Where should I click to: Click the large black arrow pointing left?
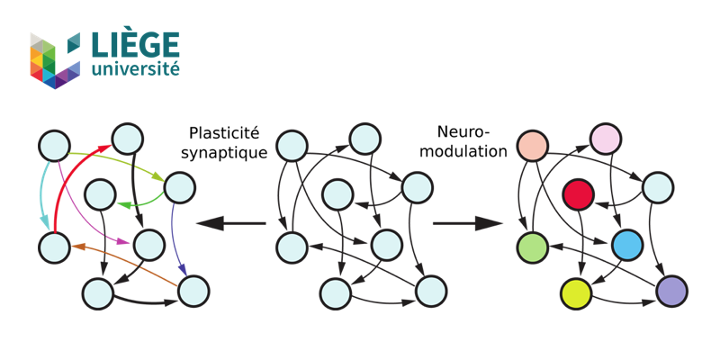pyautogui.click(x=230, y=223)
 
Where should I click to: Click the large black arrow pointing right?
pyautogui.click(x=467, y=223)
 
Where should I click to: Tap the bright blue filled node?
pyautogui.click(x=627, y=244)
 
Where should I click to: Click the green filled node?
pyautogui.click(x=533, y=247)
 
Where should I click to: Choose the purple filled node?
pyautogui.click(x=671, y=292)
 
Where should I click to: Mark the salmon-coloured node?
pyautogui.click(x=533, y=145)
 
